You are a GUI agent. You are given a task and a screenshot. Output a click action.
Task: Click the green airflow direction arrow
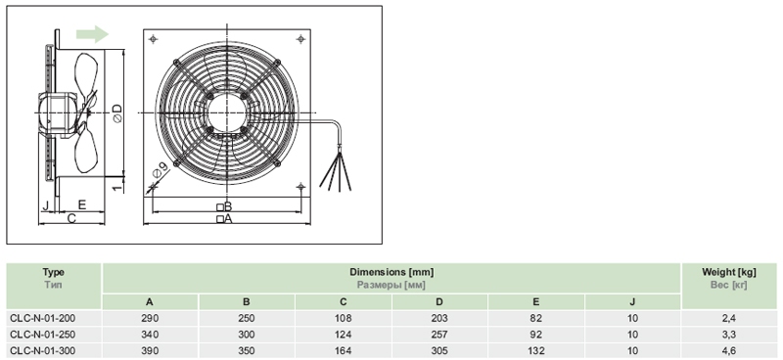[x=92, y=34]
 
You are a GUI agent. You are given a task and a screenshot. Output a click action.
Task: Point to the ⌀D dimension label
[x=116, y=113]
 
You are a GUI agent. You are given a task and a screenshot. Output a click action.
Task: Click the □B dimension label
[x=224, y=206]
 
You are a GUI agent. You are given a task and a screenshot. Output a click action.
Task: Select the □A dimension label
[x=224, y=219]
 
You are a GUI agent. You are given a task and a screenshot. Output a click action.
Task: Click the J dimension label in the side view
[x=45, y=204]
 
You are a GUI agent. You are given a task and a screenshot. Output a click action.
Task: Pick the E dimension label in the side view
[x=82, y=204]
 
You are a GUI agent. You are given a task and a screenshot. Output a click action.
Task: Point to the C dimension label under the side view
[x=71, y=218]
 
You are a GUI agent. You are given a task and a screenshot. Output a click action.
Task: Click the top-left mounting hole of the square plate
[x=154, y=38]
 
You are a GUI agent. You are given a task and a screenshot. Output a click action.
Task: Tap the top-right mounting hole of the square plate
[x=300, y=38]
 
